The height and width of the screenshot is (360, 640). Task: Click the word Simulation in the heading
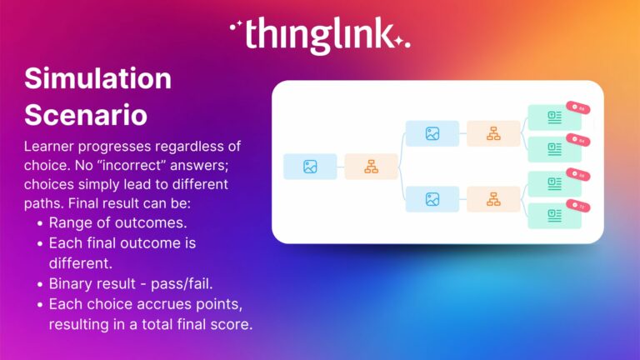pyautogui.click(x=97, y=78)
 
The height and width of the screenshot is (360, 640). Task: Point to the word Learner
pyautogui.click(x=51, y=147)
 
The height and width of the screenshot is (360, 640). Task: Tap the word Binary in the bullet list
pyautogui.click(x=72, y=282)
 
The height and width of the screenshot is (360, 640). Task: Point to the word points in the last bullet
pyautogui.click(x=219, y=302)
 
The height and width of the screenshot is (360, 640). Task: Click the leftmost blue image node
pyautogui.click(x=310, y=167)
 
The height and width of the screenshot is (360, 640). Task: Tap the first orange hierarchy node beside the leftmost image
pyautogui.click(x=371, y=167)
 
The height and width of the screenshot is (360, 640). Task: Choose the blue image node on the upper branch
pyautogui.click(x=432, y=133)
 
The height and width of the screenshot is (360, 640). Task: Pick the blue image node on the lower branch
pyautogui.click(x=432, y=199)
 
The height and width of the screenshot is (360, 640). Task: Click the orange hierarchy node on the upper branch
pyautogui.click(x=492, y=133)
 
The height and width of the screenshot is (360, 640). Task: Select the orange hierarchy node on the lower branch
pyautogui.click(x=492, y=199)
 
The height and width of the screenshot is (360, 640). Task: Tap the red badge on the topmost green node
pyautogui.click(x=577, y=108)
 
